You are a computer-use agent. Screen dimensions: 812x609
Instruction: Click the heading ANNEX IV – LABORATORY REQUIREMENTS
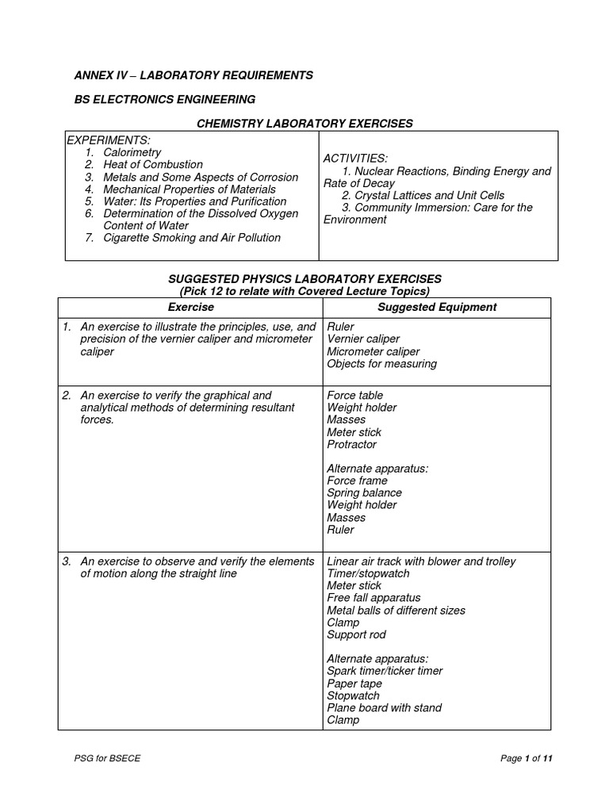193,75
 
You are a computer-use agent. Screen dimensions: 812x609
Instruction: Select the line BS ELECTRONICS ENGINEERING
165,99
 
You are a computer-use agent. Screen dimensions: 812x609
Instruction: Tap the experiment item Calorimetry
132,152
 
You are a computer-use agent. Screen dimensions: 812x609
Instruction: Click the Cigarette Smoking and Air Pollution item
192,238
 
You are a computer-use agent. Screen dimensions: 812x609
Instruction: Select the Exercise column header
190,307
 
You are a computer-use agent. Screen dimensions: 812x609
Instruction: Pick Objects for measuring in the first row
381,364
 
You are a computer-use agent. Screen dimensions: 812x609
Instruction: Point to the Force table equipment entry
354,395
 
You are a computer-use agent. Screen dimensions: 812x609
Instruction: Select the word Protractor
351,444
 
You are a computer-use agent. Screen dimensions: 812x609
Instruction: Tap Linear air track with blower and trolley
421,561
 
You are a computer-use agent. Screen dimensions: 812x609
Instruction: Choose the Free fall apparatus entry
373,598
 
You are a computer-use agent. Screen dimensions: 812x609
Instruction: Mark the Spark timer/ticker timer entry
385,671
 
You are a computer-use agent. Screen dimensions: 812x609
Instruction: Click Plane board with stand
384,707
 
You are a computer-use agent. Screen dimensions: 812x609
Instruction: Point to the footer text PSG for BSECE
107,759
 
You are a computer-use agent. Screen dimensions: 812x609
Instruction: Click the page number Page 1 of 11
526,759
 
